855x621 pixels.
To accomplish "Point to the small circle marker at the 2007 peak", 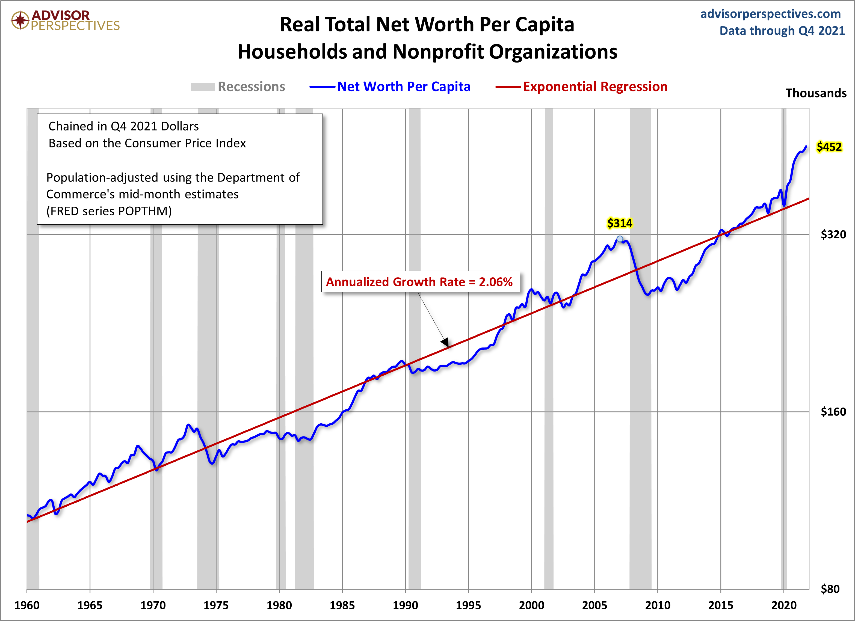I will pyautogui.click(x=620, y=239).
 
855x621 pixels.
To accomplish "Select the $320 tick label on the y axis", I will pyautogui.click(x=833, y=234).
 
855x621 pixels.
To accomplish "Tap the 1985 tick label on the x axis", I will pyautogui.click(x=342, y=605).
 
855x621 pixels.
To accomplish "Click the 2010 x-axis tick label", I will pyautogui.click(x=658, y=605).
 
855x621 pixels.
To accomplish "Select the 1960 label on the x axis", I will pyautogui.click(x=27, y=605).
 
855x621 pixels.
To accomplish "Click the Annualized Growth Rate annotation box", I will pyautogui.click(x=420, y=281).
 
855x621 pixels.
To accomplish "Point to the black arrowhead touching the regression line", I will pyautogui.click(x=445, y=342).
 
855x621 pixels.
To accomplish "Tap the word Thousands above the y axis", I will pyautogui.click(x=816, y=93).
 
